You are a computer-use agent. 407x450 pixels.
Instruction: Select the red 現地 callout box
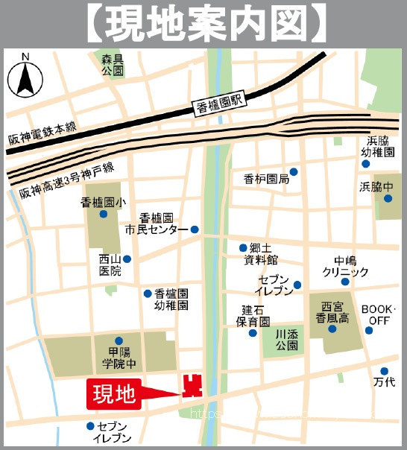tap(114, 394)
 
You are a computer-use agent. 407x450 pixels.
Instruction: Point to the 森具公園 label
tap(113, 64)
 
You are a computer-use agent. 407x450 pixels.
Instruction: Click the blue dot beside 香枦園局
tap(294, 171)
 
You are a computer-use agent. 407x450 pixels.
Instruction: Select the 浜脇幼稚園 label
tap(378, 146)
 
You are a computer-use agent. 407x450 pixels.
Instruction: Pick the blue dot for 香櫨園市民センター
tap(195, 229)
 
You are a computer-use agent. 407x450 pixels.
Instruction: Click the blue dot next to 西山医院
tap(127, 259)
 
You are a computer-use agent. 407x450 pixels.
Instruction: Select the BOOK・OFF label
tap(378, 314)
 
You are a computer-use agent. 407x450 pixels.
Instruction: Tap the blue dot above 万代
tap(385, 370)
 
